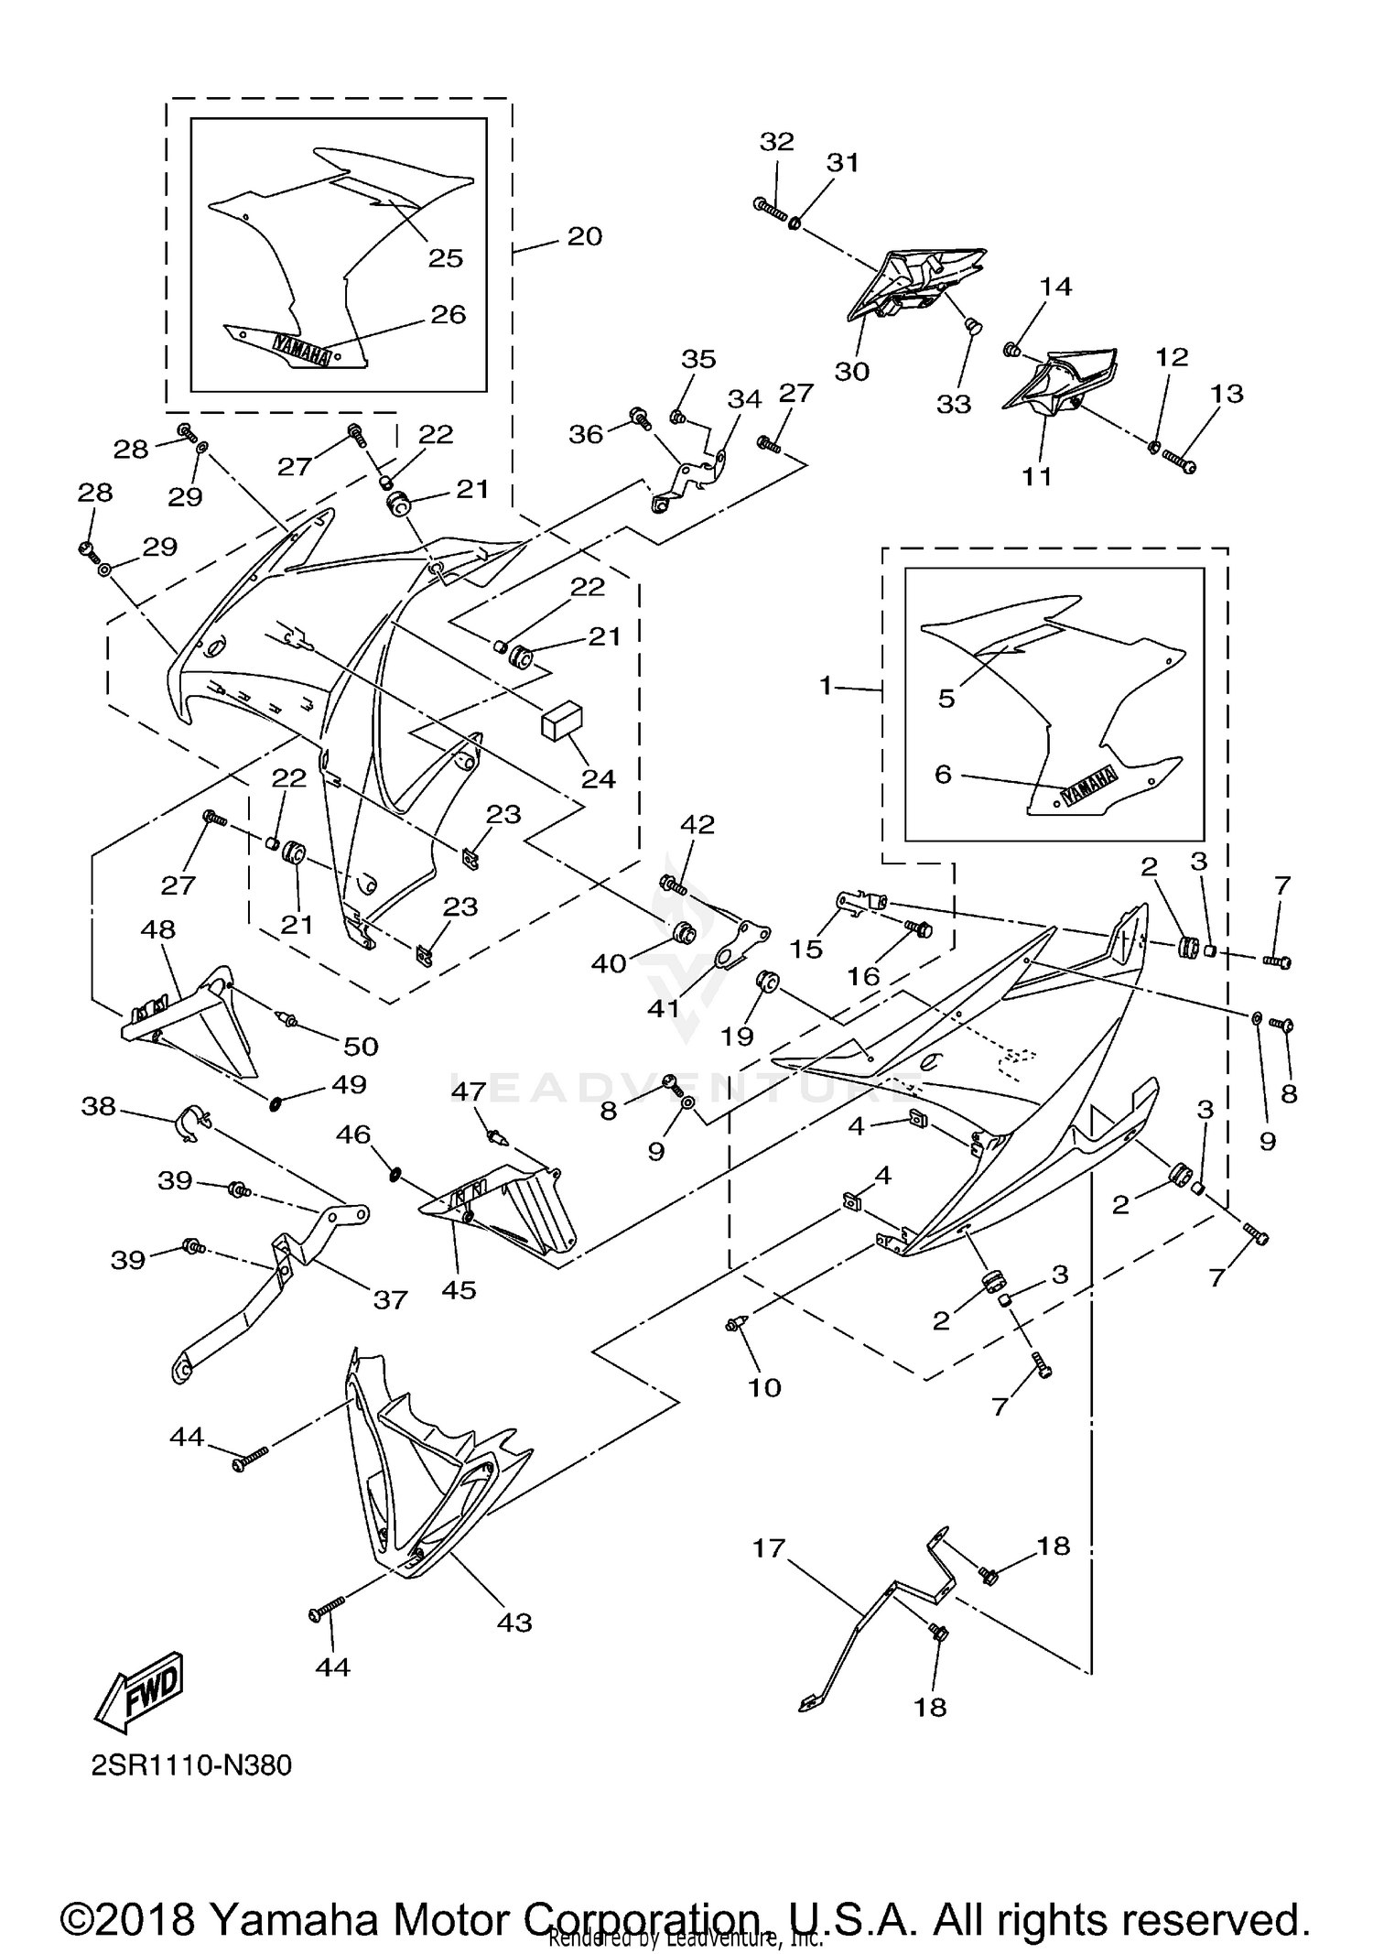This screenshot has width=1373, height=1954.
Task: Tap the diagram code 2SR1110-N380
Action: point(191,1764)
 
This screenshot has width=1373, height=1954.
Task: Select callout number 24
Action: point(599,778)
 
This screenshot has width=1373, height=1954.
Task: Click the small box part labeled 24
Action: point(562,721)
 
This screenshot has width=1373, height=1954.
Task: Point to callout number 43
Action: point(514,1623)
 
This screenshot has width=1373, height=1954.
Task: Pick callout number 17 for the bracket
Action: point(769,1548)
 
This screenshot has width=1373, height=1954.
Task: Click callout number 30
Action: point(851,371)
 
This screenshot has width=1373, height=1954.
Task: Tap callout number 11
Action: point(1037,476)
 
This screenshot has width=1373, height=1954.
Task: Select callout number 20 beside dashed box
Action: point(585,236)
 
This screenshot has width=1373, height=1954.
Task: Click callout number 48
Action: point(157,929)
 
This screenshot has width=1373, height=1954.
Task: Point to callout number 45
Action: point(459,1289)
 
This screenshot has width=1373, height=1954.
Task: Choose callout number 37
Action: point(390,1299)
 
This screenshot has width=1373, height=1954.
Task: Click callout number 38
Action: point(99,1106)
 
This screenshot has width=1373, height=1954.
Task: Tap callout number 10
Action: point(764,1387)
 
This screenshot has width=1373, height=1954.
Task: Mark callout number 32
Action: point(777,141)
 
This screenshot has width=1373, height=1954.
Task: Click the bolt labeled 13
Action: point(1179,463)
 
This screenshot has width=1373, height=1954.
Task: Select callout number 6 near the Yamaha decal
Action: point(943,775)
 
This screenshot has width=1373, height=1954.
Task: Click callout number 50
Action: point(361,1046)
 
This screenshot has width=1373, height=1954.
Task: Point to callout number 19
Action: point(737,1036)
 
